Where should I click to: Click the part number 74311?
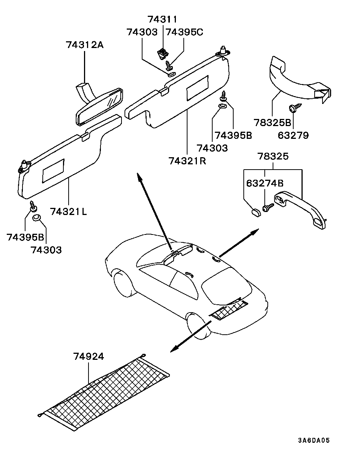pos(162,19)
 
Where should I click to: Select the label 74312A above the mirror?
pos(85,45)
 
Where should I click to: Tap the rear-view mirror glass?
pos(99,107)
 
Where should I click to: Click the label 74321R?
pos(187,161)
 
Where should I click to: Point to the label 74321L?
pos(69,211)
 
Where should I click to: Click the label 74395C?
pos(184,32)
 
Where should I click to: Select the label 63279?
pos(293,135)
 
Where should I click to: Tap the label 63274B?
pos(265,183)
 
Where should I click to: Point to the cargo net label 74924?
pos(88,356)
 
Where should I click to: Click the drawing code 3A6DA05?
pos(314,439)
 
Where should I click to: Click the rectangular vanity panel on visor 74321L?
pos(53,171)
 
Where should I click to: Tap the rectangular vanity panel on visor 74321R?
pos(197,87)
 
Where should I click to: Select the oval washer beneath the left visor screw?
pos(36,218)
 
